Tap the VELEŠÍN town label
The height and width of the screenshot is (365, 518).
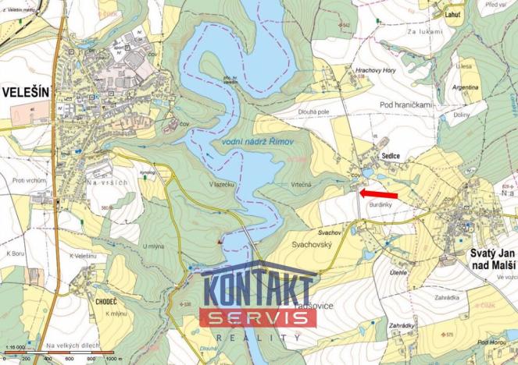pos(26,92)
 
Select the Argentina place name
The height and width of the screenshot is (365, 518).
pos(466,88)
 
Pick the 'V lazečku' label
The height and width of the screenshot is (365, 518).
pos(223,184)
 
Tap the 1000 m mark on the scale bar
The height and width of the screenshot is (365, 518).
pos(113,359)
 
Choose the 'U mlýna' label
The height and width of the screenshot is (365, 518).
pos(153,246)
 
